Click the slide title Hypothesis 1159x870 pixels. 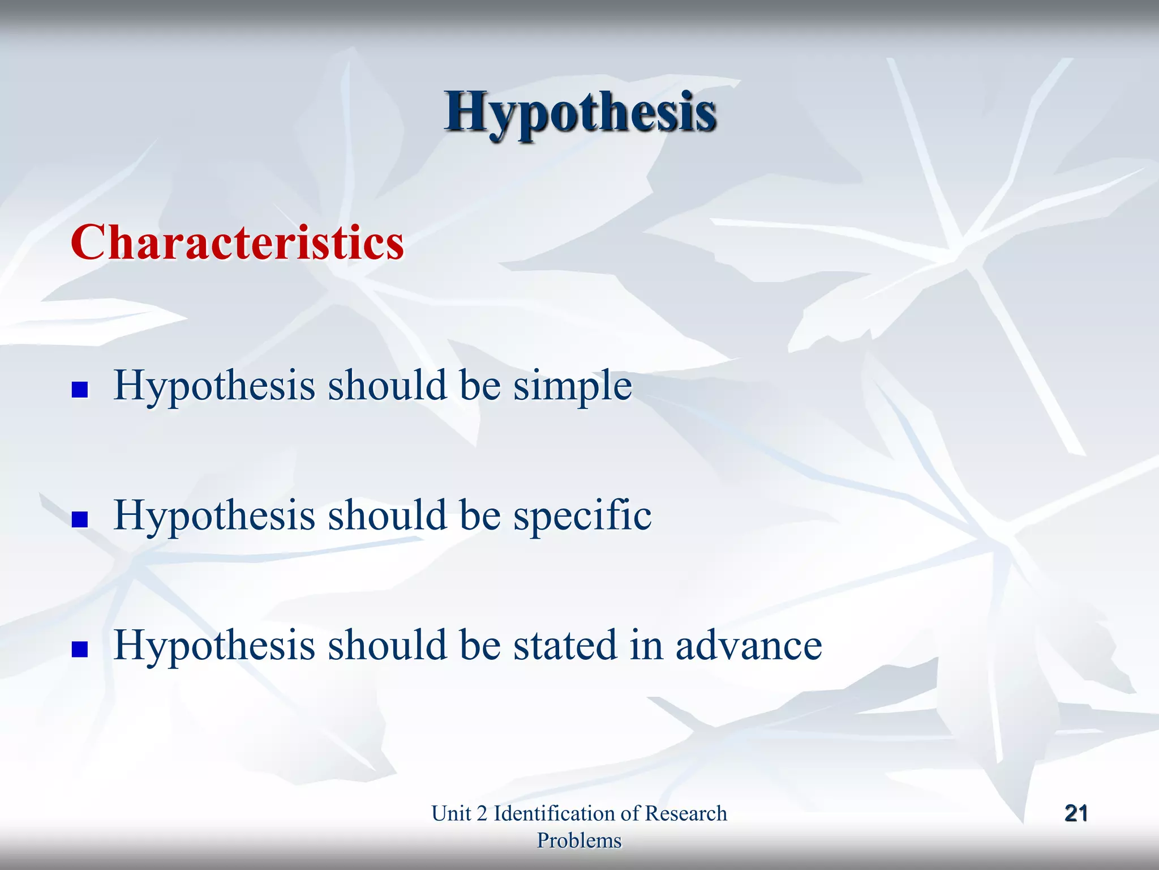581,112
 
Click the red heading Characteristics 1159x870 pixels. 237,242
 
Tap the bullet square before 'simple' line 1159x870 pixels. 80,390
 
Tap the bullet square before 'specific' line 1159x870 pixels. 80,519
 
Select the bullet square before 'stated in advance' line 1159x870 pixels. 80,649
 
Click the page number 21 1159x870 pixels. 1076,813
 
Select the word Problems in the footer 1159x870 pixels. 579,841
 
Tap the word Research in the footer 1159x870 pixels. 685,813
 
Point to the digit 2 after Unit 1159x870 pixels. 482,813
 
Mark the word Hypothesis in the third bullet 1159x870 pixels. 214,646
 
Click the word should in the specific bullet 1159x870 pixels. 387,515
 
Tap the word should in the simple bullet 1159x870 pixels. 387,386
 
